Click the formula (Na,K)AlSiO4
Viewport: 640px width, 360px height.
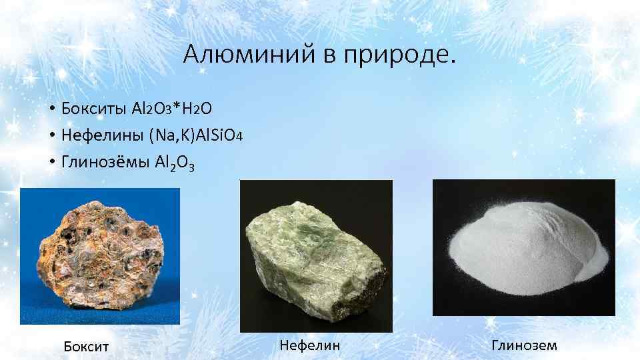coord(199,136)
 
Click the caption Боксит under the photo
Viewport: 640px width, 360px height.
coord(86,346)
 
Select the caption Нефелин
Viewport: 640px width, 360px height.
coord(310,345)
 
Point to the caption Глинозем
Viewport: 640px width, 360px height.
coord(524,345)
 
